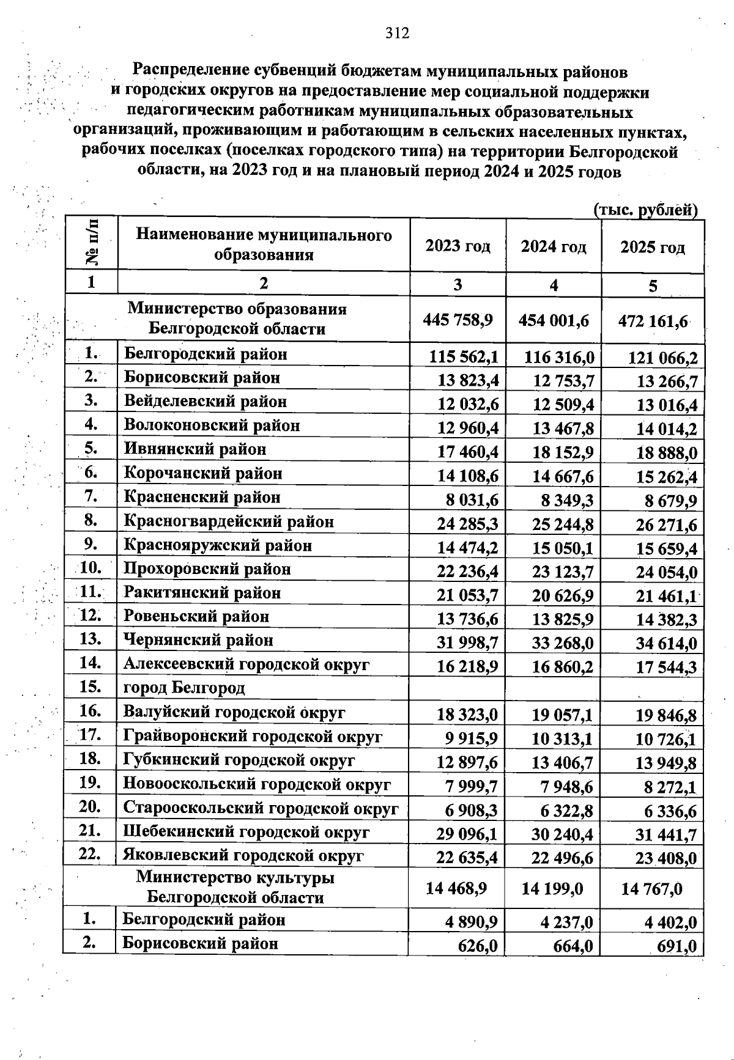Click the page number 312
click(x=397, y=33)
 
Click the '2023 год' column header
click(x=458, y=246)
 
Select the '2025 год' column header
click(x=653, y=248)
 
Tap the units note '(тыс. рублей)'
click(x=646, y=210)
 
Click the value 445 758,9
click(x=458, y=319)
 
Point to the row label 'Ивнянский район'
click(x=195, y=449)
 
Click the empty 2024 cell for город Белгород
click(x=552, y=688)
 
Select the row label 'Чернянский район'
click(x=198, y=640)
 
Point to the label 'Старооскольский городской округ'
click(x=261, y=808)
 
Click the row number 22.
click(x=90, y=855)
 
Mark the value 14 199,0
click(x=552, y=888)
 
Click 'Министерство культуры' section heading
click(x=235, y=878)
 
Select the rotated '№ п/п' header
click(x=92, y=243)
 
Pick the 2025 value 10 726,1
click(x=666, y=740)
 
